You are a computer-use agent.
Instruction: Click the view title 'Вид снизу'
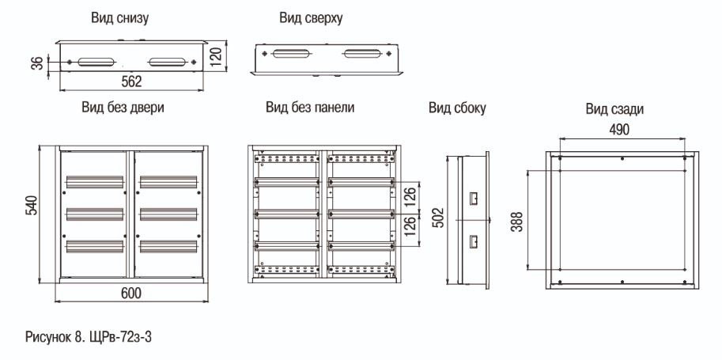pyautogui.click(x=119, y=18)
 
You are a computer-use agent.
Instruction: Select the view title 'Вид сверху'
pyautogui.click(x=311, y=18)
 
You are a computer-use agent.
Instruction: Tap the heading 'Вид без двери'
pyautogui.click(x=123, y=108)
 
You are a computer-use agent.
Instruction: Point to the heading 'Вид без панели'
pyautogui.click(x=310, y=108)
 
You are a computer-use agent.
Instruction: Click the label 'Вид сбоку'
pyautogui.click(x=457, y=108)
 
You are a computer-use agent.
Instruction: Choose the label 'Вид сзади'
pyautogui.click(x=614, y=109)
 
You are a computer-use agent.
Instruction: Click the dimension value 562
pyautogui.click(x=132, y=81)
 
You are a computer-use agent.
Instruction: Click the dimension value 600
pyautogui.click(x=131, y=293)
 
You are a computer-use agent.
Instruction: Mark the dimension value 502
pyautogui.click(x=439, y=217)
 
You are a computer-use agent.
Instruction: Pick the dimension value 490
pyautogui.click(x=619, y=130)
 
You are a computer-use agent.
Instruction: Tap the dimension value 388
pyautogui.click(x=517, y=222)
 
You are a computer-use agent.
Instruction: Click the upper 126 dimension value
pyautogui.click(x=410, y=195)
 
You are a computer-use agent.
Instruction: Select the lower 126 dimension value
pyautogui.click(x=410, y=225)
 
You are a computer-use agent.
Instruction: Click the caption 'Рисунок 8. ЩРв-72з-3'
pyautogui.click(x=89, y=337)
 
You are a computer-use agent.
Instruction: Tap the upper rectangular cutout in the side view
pyautogui.click(x=474, y=199)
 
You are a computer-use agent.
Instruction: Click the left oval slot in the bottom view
pyautogui.click(x=96, y=62)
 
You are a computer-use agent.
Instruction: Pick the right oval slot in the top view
pyautogui.click(x=362, y=54)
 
